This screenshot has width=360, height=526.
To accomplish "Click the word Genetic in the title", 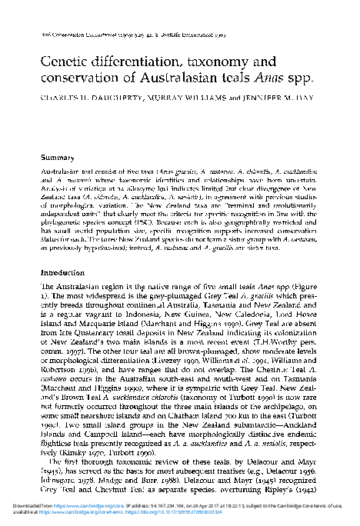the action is pyautogui.click(x=66, y=61).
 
